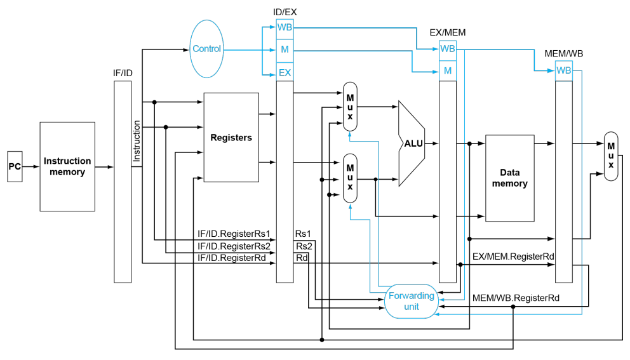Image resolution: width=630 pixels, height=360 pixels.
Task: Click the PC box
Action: point(15,167)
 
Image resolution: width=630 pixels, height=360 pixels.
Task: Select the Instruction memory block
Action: point(67,167)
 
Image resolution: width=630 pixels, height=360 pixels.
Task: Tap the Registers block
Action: point(231,137)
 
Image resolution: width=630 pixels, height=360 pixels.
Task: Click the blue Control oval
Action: point(206,49)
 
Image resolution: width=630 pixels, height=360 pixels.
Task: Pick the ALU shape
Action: point(412,143)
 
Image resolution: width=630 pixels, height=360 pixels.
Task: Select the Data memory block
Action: point(510,178)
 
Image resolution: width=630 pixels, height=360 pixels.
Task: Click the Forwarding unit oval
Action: point(412,302)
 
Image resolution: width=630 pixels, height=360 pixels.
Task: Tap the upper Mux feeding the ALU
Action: point(350,107)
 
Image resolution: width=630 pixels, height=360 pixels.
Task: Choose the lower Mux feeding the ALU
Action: point(350,178)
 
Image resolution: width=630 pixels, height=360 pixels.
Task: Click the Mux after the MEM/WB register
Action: point(611,156)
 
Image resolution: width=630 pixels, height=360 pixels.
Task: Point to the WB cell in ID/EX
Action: point(285,28)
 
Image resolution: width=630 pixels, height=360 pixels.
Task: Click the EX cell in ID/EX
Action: point(285,72)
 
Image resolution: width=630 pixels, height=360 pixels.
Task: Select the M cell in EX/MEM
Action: point(448,71)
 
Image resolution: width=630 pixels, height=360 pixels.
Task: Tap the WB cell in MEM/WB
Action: point(564,70)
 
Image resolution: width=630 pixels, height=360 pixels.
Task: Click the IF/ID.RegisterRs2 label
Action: point(234,246)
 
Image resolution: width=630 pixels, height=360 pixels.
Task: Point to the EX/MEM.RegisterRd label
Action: point(513,257)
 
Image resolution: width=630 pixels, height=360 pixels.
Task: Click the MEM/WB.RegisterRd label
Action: point(516,298)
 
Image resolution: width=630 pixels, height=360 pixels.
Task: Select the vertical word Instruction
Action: point(137,141)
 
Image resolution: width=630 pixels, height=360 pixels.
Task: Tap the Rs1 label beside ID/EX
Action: point(303,234)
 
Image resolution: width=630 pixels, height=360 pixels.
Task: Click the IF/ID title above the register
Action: point(123,73)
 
